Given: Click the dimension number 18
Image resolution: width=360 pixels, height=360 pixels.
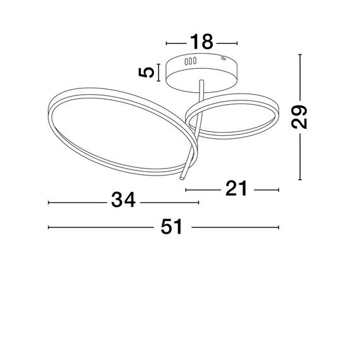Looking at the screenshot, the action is [x=201, y=42].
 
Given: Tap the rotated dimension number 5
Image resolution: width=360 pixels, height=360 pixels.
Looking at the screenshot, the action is [x=146, y=73].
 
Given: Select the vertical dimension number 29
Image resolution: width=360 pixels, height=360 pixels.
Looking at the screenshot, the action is [x=299, y=117].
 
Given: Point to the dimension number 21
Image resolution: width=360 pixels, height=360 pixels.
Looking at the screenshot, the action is [x=236, y=188].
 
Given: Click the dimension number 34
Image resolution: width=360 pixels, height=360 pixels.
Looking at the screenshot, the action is [x=123, y=200].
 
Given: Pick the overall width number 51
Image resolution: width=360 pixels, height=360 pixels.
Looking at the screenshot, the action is [x=172, y=226].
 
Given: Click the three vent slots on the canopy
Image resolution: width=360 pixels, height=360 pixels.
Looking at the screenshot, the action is [x=190, y=61].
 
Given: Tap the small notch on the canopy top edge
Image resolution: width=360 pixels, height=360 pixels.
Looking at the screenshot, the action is [x=223, y=58].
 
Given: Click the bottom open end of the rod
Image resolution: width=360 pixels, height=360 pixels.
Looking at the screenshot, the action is [x=182, y=178].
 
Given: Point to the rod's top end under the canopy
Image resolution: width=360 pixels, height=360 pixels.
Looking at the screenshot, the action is [x=201, y=81].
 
